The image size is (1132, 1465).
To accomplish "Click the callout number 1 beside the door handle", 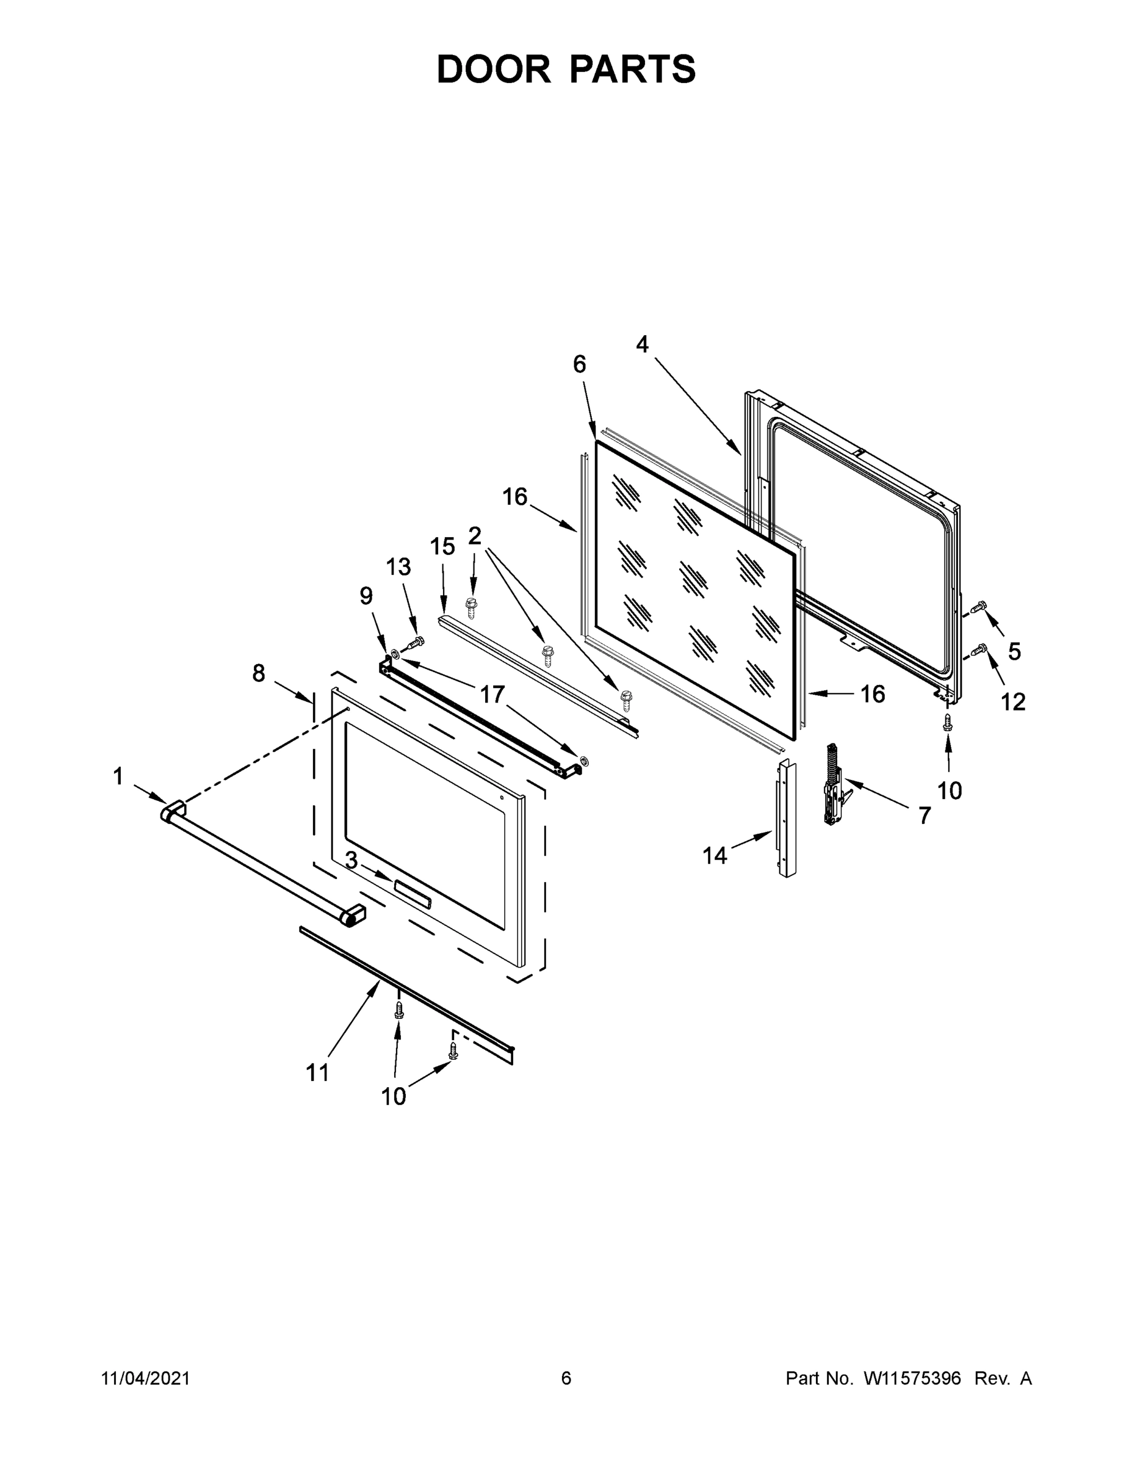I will click(x=118, y=777).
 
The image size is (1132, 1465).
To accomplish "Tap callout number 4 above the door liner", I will click(x=642, y=345).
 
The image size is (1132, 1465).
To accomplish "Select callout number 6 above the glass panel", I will click(x=579, y=364).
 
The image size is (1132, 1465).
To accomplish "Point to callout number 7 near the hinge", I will click(x=924, y=816).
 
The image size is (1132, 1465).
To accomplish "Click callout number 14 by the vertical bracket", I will click(x=714, y=855).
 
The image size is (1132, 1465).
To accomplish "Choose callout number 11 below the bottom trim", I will click(x=318, y=1073).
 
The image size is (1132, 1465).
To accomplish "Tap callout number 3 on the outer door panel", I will click(x=351, y=861).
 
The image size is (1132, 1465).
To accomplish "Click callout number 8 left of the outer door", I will click(x=259, y=673).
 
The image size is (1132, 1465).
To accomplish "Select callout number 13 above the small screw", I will click(x=398, y=567).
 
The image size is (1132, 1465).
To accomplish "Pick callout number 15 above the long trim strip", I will click(x=442, y=547).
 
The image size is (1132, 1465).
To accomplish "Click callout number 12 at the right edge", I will click(x=1013, y=701).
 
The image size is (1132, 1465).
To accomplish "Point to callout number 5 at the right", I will click(x=1015, y=651).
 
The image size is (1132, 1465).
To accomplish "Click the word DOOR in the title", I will click(x=494, y=69).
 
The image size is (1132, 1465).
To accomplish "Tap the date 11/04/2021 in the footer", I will click(x=145, y=1378).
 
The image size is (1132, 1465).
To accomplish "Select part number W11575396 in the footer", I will click(x=912, y=1378).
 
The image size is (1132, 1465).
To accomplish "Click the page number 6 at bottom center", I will click(x=566, y=1378).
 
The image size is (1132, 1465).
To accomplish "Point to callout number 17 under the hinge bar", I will click(x=492, y=694).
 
